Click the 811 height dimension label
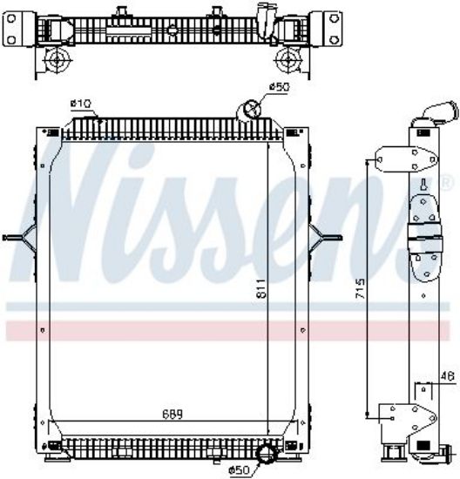tap(261, 288)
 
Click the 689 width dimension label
tap(172, 415)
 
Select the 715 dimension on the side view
tap(360, 288)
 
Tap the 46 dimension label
tap(448, 376)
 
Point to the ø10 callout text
tap(81, 104)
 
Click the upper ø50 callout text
tap(279, 87)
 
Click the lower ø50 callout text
tap(240, 469)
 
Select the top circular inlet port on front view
tap(250, 110)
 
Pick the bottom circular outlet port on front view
tap(267, 453)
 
